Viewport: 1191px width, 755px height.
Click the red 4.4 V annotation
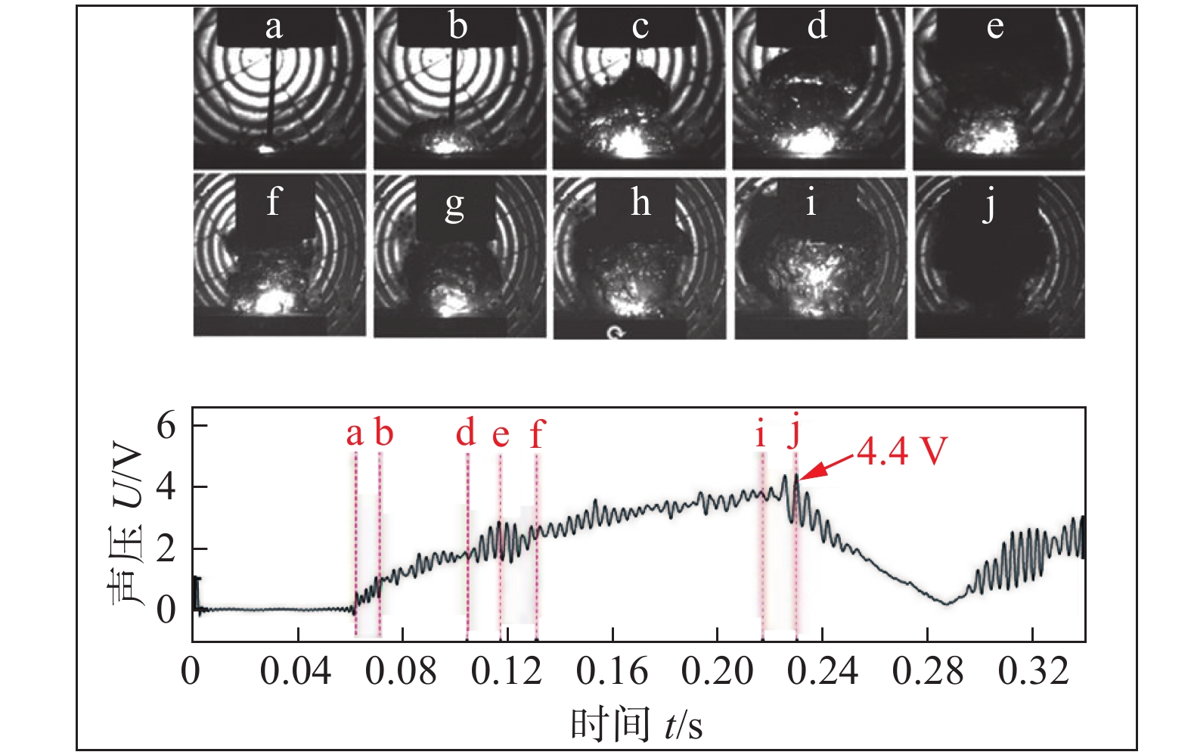tap(901, 452)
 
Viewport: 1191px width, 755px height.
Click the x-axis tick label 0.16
tap(612, 670)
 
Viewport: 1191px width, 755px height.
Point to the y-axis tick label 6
tap(166, 426)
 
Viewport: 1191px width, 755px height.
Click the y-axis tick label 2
tap(166, 548)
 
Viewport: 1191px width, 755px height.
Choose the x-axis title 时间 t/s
tap(637, 725)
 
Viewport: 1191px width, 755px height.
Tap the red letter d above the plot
tap(466, 433)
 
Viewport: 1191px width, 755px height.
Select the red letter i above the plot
tap(760, 434)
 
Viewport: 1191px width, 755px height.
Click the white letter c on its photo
tap(640, 27)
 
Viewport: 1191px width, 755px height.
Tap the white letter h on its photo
tap(640, 203)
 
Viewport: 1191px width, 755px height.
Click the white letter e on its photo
tap(995, 27)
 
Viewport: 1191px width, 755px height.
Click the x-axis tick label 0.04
tap(296, 670)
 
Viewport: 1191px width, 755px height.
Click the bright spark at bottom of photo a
tap(266, 148)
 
